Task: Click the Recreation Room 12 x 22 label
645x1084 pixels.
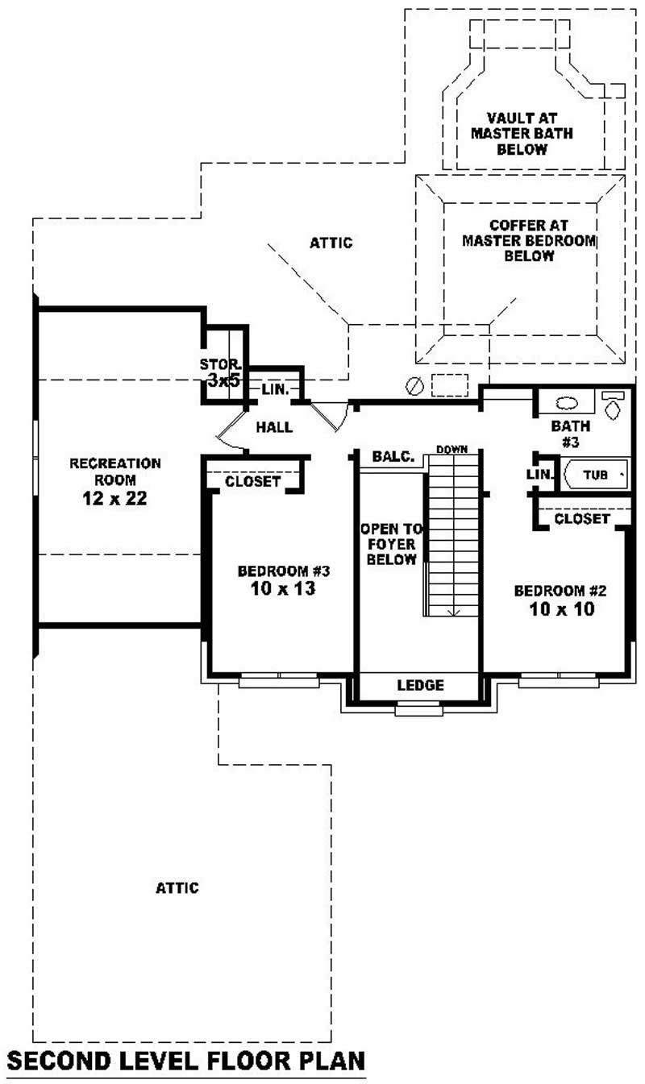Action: (115, 481)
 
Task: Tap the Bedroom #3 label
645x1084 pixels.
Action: (285, 579)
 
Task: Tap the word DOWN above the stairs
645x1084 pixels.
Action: (452, 448)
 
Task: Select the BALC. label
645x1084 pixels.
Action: (393, 457)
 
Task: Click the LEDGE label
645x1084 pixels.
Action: (421, 686)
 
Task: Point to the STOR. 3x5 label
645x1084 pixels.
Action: (221, 372)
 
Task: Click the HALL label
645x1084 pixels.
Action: (274, 427)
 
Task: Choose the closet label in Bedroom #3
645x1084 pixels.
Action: (252, 482)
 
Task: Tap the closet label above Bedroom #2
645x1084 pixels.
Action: (582, 519)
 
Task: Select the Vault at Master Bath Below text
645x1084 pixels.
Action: (522, 133)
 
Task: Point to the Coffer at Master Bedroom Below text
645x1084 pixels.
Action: (529, 240)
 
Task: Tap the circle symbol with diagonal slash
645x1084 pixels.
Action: (414, 386)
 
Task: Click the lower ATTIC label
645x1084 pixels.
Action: (177, 887)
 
